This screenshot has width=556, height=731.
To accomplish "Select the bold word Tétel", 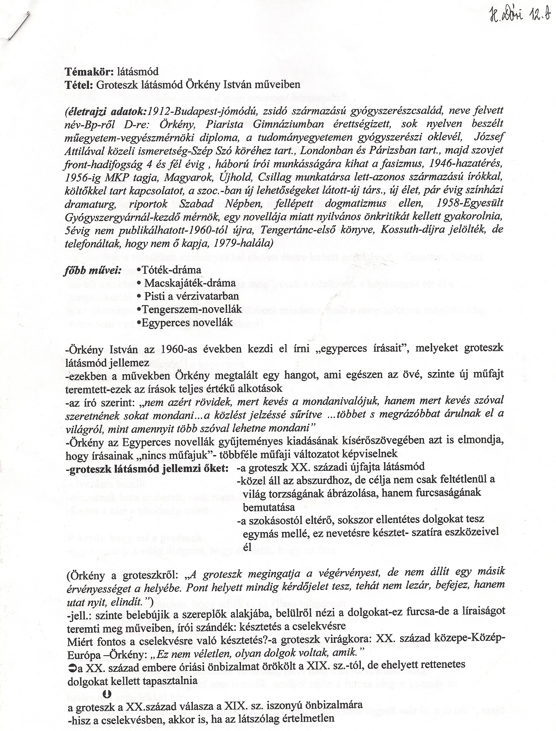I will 77,84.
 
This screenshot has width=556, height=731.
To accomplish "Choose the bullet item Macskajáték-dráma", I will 190,283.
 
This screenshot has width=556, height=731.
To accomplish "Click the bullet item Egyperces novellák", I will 185,323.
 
